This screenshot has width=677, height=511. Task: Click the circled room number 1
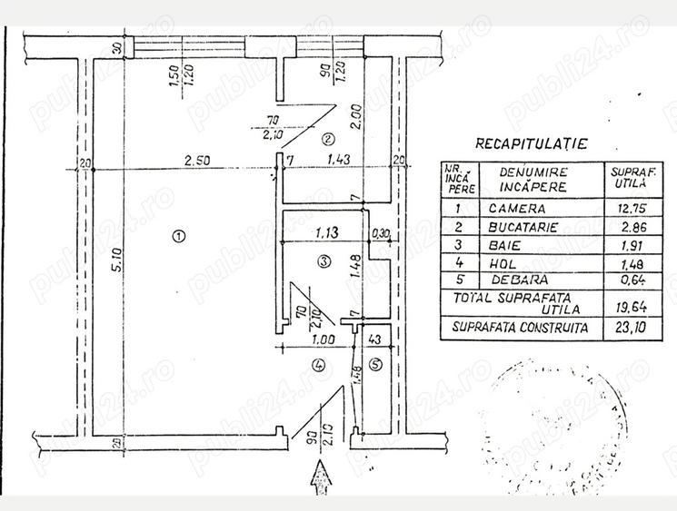pos(178,236)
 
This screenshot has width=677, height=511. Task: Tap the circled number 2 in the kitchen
pos(328,139)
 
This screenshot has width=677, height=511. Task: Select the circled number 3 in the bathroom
pos(323,262)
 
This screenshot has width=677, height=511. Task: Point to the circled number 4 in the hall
pos(317,366)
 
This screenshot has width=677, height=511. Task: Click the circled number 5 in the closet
pos(377,366)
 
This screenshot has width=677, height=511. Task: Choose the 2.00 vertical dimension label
pos(357,117)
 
